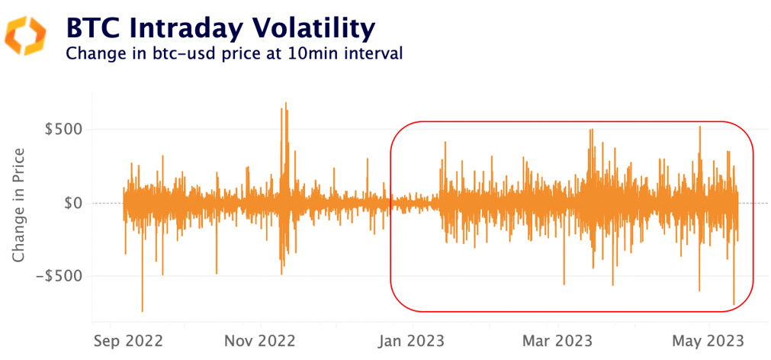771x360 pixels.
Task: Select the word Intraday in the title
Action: tap(178, 28)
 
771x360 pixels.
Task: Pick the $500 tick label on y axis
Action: tap(64, 129)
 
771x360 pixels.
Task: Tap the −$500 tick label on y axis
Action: tap(59, 276)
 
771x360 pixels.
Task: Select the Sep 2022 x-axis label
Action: tap(128, 339)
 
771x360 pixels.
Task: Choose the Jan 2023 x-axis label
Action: tap(413, 339)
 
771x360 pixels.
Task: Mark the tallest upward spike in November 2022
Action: tap(286, 104)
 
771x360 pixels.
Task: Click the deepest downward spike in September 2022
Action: tap(143, 310)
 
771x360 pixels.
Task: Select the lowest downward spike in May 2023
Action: tap(734, 304)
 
